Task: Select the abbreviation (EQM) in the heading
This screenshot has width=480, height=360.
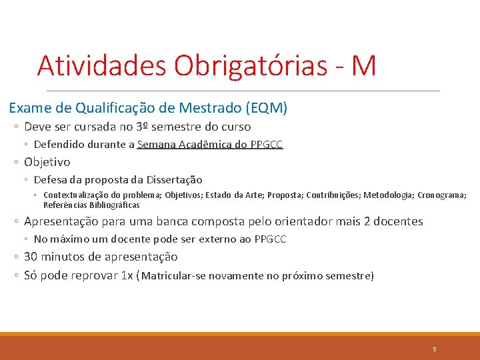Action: pos(267,107)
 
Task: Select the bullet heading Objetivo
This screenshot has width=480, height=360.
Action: pos(47,162)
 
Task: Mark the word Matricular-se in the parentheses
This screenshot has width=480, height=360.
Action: pos(173,276)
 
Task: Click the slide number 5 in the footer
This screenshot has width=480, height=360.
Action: pos(434,349)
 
